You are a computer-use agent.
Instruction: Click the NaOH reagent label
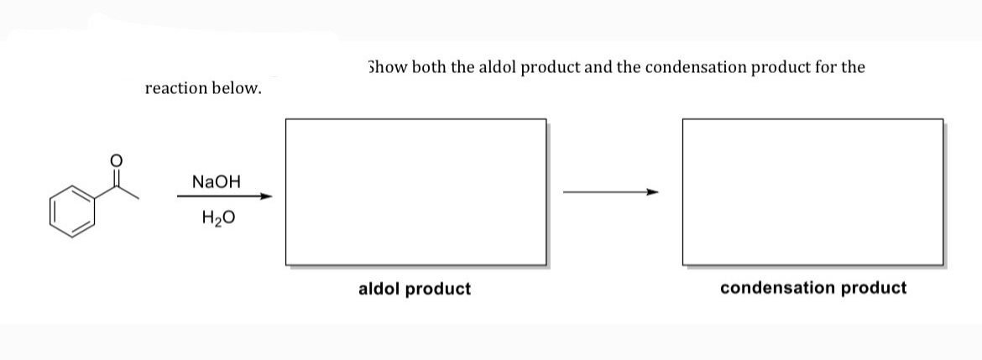pos(216,181)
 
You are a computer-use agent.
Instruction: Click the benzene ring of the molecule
pos(72,211)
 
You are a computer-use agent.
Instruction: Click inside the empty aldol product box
pos(415,191)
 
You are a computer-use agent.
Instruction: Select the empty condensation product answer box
pos(812,191)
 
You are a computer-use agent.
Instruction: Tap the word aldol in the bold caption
pos(379,289)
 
